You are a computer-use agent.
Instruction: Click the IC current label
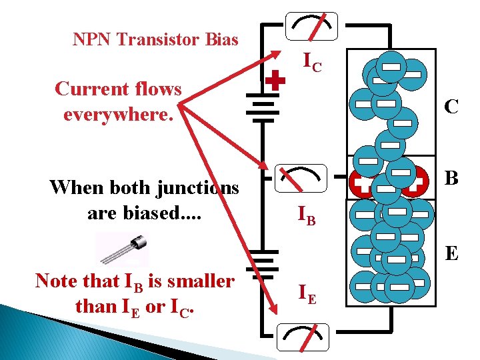coord(313,62)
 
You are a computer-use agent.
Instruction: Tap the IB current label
coord(306,214)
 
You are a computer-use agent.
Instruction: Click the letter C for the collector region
coord(451,107)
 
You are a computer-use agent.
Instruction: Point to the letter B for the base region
coord(451,179)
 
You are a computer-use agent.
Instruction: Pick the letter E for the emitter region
coord(451,253)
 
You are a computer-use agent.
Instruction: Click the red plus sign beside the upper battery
coord(275,81)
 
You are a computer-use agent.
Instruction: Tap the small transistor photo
coord(122,247)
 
